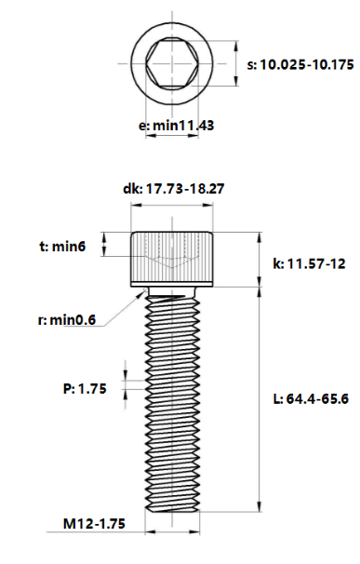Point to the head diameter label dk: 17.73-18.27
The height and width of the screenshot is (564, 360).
(x=173, y=188)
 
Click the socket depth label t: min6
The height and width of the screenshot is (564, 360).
(x=63, y=247)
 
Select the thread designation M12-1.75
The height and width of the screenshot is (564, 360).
(x=97, y=525)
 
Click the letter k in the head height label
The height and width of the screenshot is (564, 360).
(x=275, y=264)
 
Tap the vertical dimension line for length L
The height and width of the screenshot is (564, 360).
(x=258, y=400)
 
